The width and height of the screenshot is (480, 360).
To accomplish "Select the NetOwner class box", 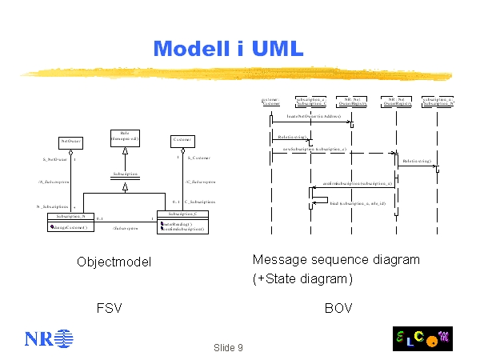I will [x=70, y=142].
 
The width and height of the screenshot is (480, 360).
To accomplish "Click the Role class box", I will [x=125, y=137].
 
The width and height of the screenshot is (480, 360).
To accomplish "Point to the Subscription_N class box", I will [x=71, y=222].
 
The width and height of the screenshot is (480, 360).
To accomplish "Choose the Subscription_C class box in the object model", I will [x=182, y=221].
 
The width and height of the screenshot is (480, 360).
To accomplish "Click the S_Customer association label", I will [x=198, y=158].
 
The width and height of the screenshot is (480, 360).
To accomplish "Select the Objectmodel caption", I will [x=114, y=262].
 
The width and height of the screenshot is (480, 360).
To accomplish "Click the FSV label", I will [x=110, y=307].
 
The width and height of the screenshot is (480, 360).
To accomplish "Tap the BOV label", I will [x=338, y=307].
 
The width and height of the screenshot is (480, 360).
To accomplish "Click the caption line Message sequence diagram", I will [x=335, y=260].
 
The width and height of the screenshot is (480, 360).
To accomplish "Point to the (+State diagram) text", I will [x=302, y=278].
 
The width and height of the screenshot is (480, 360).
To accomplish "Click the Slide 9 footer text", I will [x=228, y=347].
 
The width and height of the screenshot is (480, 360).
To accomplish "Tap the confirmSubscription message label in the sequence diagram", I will [x=357, y=184].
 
